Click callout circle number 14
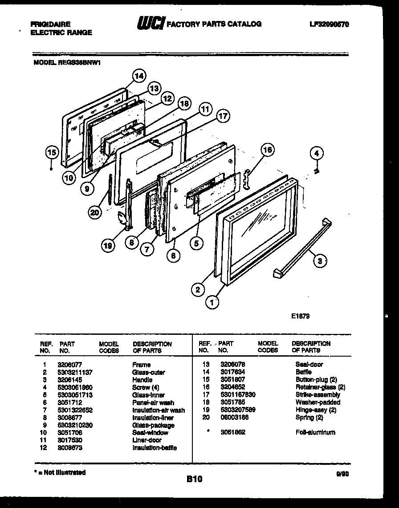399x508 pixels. tap(139, 76)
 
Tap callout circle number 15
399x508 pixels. tap(52, 153)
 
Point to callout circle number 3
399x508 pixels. tap(319, 261)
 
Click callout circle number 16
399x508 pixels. tap(267, 150)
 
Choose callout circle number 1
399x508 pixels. tap(212, 303)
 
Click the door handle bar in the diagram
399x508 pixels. tap(303, 249)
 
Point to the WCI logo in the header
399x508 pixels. tap(150, 24)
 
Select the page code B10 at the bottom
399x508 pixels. tap(194, 480)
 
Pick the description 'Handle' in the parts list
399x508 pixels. tap(142, 380)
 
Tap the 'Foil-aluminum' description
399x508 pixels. tap(315, 432)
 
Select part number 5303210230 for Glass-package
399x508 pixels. tap(75, 425)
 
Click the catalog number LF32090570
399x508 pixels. tap(329, 24)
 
